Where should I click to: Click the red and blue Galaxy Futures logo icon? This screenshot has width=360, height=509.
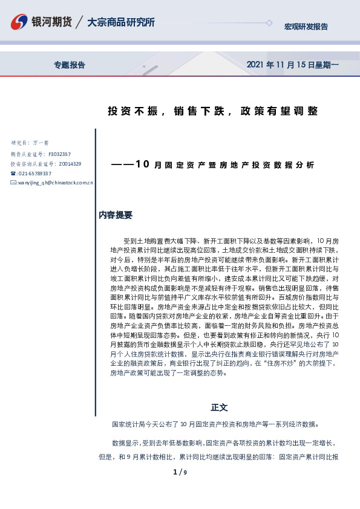click(x=20, y=23)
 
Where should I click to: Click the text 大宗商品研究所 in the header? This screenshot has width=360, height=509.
click(x=121, y=22)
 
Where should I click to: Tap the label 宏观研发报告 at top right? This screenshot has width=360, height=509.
click(x=306, y=27)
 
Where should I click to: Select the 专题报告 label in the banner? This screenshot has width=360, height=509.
click(x=70, y=65)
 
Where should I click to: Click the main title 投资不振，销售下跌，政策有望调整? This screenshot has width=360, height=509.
click(x=212, y=111)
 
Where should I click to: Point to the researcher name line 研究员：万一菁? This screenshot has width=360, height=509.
click(x=30, y=143)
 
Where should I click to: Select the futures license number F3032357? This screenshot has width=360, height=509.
click(x=59, y=154)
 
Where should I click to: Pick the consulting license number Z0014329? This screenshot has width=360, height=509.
click(x=70, y=164)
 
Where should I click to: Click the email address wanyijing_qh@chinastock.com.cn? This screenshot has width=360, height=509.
click(x=55, y=183)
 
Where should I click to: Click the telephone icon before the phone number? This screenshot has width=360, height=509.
click(x=13, y=173)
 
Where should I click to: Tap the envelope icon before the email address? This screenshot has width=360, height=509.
click(x=13, y=183)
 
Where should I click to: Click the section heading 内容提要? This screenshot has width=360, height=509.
click(x=116, y=215)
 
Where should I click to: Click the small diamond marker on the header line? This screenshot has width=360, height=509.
click(x=269, y=22)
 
